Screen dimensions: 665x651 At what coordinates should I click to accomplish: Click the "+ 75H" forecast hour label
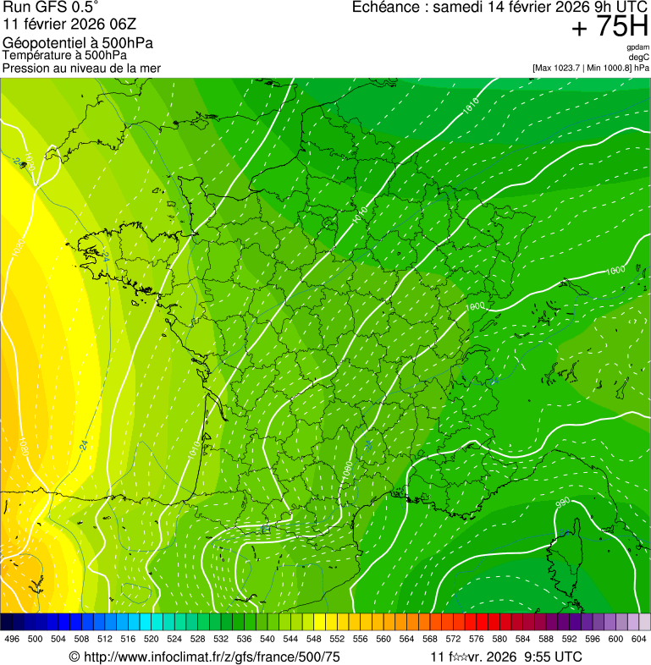click(610, 27)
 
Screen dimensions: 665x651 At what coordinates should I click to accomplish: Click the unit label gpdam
click(638, 48)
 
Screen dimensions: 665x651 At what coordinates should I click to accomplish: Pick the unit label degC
click(639, 57)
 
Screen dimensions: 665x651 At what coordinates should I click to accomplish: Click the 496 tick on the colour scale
click(12, 639)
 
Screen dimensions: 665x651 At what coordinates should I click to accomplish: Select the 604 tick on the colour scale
click(639, 639)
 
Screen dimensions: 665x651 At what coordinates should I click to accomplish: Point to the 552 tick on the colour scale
click(337, 639)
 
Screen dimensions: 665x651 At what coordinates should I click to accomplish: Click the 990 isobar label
click(562, 503)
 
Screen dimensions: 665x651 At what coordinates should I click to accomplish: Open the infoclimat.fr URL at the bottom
click(203, 657)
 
